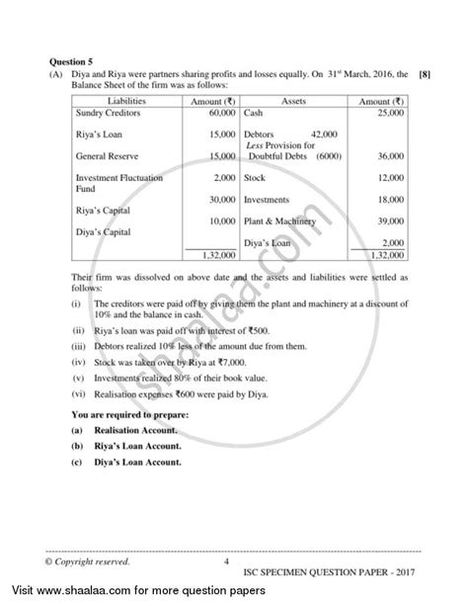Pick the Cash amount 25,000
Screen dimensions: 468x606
(x=390, y=115)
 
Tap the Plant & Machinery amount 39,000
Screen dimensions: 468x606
(x=390, y=223)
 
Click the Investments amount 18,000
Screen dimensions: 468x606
(x=390, y=200)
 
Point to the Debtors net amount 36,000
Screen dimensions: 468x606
(x=390, y=155)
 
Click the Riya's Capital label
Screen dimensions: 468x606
(x=103, y=211)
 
